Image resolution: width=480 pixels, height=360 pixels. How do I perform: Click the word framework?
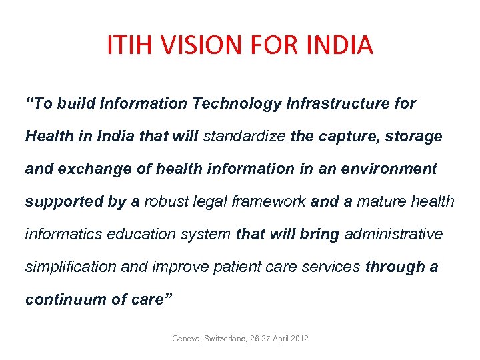269,201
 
